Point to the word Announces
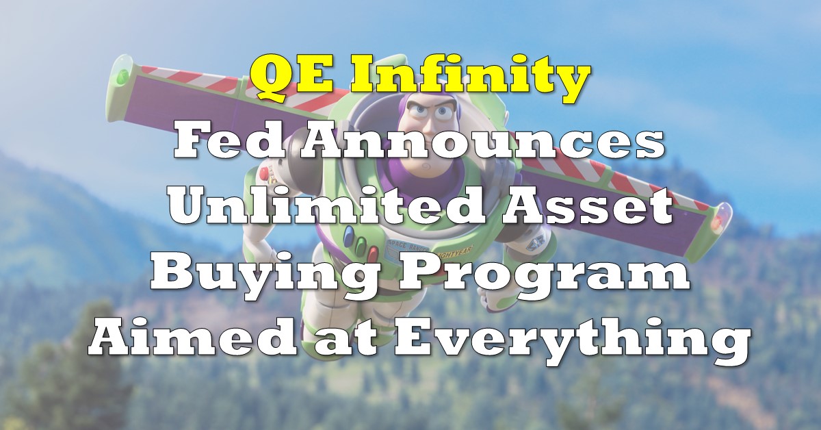tap(482, 142)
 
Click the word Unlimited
tap(327, 205)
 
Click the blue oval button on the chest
tap(349, 232)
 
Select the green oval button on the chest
tap(361, 243)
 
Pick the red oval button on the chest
tap(373, 253)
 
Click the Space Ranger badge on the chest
tap(407, 246)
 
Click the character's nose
tap(430, 127)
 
